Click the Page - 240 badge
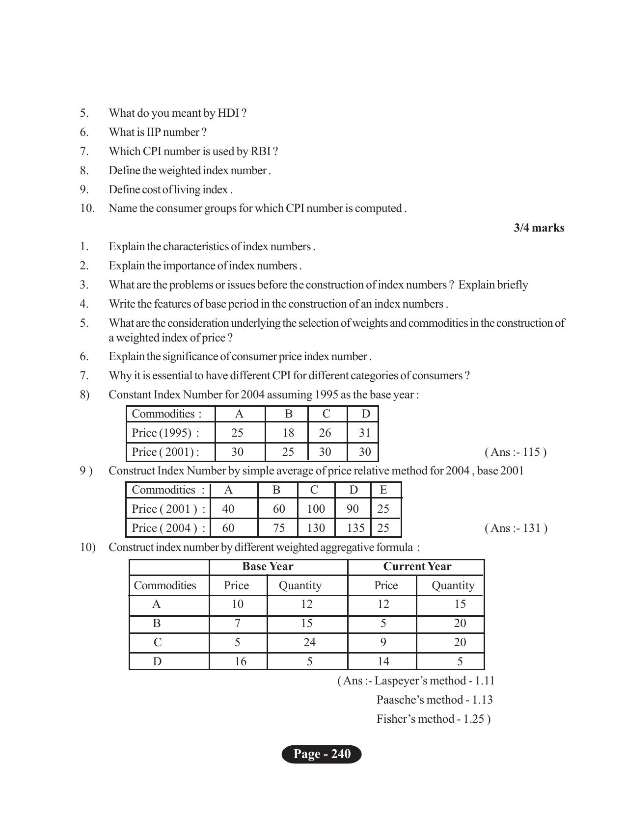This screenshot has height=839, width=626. coord(322,754)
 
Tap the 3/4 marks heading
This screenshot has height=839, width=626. coord(539,228)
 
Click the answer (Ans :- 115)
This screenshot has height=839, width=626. coord(515,452)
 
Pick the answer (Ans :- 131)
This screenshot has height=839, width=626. coord(516,528)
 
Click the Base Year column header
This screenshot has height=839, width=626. coord(268,567)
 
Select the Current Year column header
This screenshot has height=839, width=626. coord(417,567)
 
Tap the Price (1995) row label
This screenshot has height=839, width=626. coord(165,433)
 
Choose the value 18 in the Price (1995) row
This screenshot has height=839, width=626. coord(288,433)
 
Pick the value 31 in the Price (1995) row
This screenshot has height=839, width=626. coord(364,433)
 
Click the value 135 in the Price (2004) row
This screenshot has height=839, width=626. coord(355,528)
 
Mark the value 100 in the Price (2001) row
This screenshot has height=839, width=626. coord(316,509)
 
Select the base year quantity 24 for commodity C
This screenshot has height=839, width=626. coord(309,642)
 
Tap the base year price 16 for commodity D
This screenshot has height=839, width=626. coord(240,661)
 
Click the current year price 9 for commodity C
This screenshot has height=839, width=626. coord(383,642)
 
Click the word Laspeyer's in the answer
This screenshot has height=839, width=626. coord(400,681)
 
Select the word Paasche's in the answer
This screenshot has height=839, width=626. coord(399,700)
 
